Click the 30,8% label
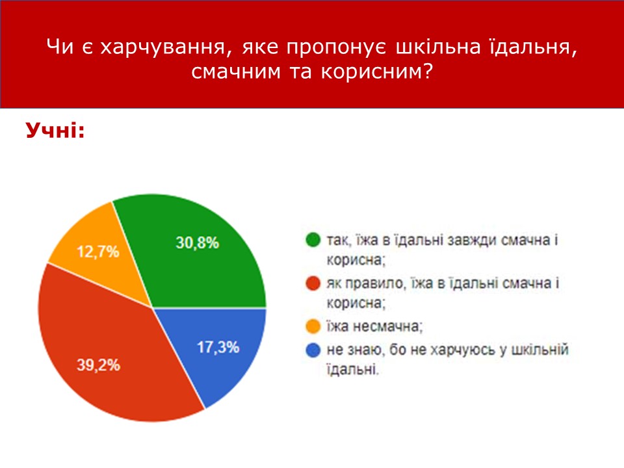click(198, 242)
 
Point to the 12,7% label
click(98, 252)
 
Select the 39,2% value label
click(98, 365)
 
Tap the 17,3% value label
click(218, 347)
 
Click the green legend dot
click(313, 240)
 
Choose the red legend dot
click(313, 283)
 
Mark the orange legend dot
click(313, 326)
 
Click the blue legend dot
click(313, 350)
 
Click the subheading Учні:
click(55, 130)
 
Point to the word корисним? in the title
click(376, 71)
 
